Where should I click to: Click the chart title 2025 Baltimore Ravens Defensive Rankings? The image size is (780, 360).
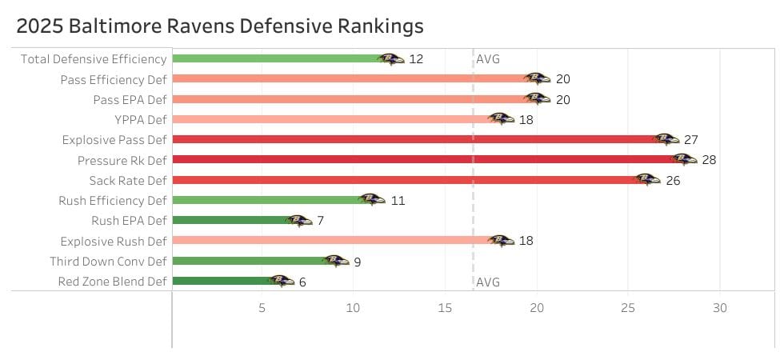click(220, 26)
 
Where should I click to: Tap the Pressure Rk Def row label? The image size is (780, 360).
click(122, 160)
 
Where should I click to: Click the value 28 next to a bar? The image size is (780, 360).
click(709, 160)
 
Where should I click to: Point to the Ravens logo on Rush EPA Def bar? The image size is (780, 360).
click(298, 221)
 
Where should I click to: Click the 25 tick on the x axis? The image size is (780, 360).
click(628, 308)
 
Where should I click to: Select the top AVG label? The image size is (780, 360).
click(488, 59)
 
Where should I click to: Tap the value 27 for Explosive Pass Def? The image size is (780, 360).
click(690, 140)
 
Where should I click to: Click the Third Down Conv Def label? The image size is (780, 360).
click(108, 261)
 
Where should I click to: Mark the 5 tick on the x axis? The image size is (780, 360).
click(262, 308)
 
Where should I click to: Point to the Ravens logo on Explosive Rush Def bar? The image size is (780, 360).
click(501, 241)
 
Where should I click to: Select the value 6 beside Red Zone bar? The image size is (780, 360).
click(302, 282)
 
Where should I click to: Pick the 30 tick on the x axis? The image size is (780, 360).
click(720, 308)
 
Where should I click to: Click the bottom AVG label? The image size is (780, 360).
click(488, 282)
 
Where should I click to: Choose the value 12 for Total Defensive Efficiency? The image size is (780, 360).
click(416, 59)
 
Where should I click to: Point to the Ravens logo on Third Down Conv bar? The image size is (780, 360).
click(335, 261)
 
